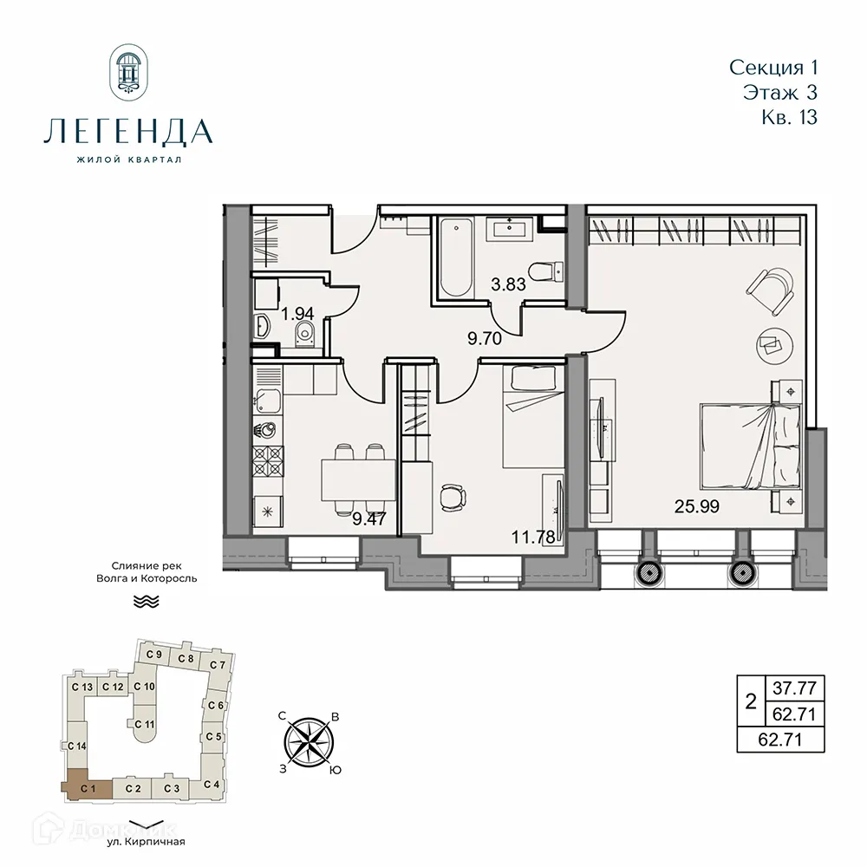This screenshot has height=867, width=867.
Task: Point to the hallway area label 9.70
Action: tap(485, 339)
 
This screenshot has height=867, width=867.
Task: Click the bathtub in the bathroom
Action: tap(453, 257)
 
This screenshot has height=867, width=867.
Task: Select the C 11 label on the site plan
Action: tap(146, 724)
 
